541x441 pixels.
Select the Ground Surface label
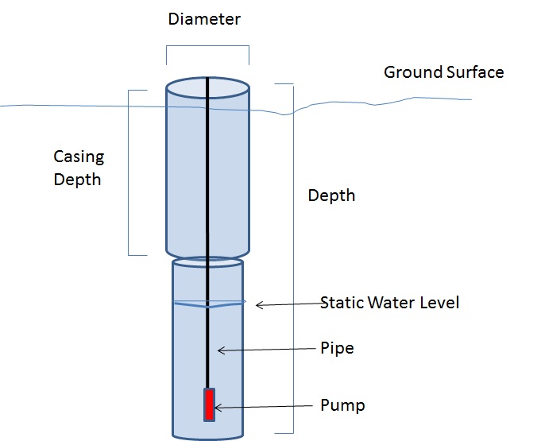tap(443, 72)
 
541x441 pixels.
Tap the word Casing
tap(79, 157)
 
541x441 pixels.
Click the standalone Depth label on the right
tap(331, 195)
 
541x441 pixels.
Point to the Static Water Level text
tap(389, 303)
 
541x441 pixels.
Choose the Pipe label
tap(337, 348)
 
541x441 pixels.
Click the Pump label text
tap(342, 406)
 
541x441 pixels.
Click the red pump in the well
tap(209, 404)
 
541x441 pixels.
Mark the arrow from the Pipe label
tap(266, 349)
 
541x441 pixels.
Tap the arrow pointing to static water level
tap(286, 304)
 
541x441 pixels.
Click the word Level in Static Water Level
tap(441, 303)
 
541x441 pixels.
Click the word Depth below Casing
tap(77, 180)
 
